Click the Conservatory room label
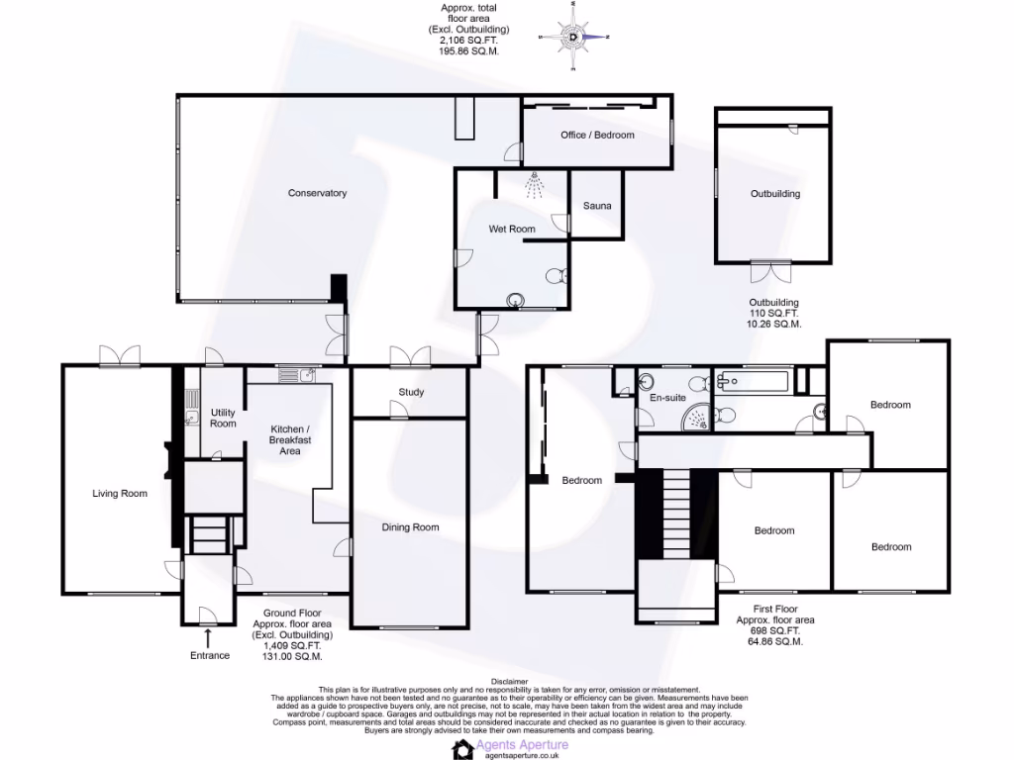pyautogui.click(x=317, y=193)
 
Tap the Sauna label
pyautogui.click(x=597, y=207)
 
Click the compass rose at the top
pyautogui.click(x=576, y=38)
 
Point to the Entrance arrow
pyautogui.click(x=208, y=638)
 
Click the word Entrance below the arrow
pyautogui.click(x=209, y=655)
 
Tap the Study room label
pyautogui.click(x=411, y=392)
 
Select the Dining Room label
pyautogui.click(x=410, y=527)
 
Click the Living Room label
pyautogui.click(x=120, y=493)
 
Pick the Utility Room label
pyautogui.click(x=223, y=418)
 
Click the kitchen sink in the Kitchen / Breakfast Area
pyautogui.click(x=296, y=375)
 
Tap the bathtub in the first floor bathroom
pyautogui.click(x=752, y=380)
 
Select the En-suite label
pyautogui.click(x=667, y=398)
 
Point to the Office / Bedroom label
pyautogui.click(x=596, y=135)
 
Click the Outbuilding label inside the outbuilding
pyautogui.click(x=774, y=194)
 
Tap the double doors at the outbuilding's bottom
pyautogui.click(x=763, y=270)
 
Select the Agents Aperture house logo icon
pyautogui.click(x=463, y=749)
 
